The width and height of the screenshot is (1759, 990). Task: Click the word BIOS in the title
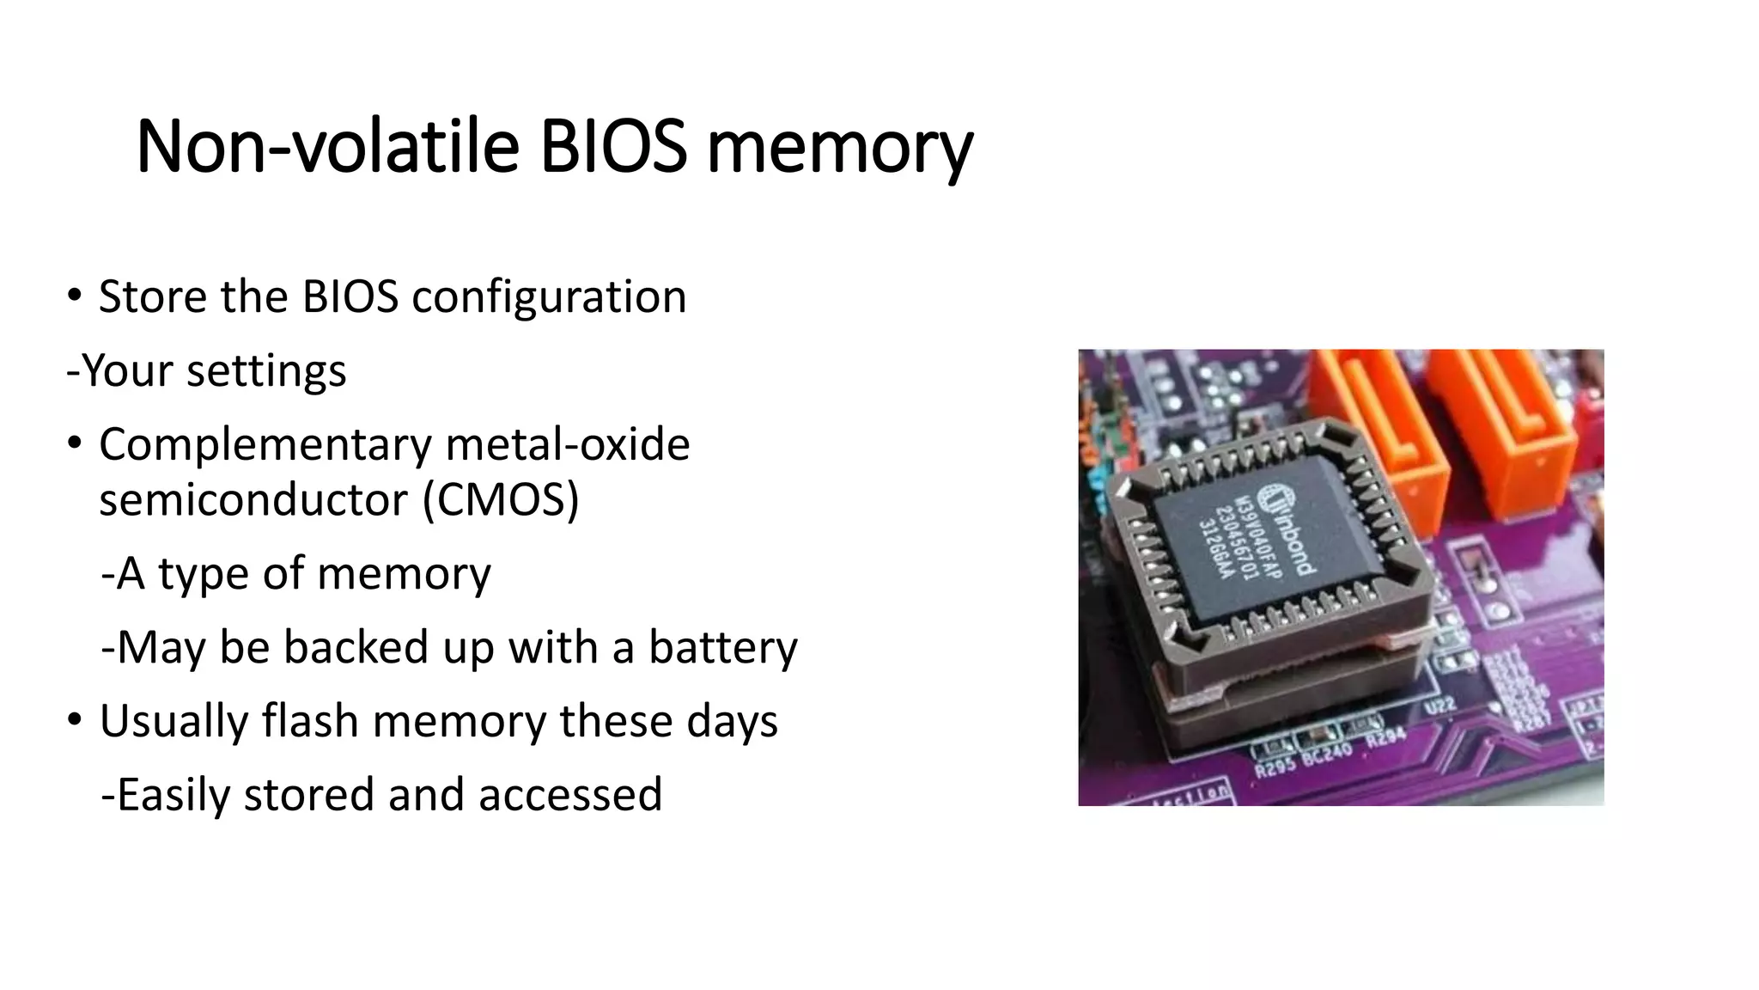613,147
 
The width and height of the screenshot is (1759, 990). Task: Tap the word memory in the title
839,147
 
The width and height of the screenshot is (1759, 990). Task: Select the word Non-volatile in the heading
327,147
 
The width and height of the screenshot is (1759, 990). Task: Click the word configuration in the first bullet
549,297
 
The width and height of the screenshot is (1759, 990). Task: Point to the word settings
266,371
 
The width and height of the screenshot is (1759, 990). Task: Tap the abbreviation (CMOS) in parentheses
501,500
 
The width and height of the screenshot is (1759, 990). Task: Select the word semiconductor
253,500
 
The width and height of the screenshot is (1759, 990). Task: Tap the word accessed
570,795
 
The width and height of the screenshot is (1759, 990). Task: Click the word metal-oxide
568,445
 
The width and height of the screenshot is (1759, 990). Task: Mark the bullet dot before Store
75,295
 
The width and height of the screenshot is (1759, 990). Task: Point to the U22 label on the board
1440,706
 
